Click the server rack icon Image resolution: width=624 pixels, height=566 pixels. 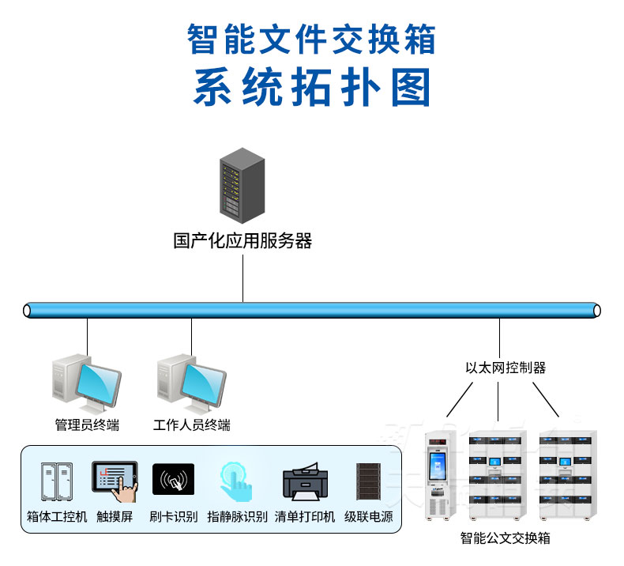pos(242,186)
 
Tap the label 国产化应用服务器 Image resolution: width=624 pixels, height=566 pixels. pos(242,241)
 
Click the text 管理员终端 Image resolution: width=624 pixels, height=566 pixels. pos(87,425)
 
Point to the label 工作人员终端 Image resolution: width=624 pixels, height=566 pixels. pos(192,425)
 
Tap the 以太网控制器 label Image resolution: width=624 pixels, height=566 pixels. pos(506,368)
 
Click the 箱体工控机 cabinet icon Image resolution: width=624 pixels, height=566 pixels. pos(56,483)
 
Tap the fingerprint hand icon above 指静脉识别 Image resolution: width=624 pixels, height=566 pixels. pos(235,482)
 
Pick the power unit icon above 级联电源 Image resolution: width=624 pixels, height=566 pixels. pos(368,482)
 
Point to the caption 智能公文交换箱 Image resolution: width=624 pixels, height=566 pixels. pos(506,538)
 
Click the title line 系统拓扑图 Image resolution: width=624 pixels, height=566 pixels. pos(312,87)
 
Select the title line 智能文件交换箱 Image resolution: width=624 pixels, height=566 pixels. pos(312,38)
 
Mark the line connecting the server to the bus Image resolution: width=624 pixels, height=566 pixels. pos(242,277)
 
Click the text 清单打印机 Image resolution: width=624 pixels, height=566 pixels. pos(305,517)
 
